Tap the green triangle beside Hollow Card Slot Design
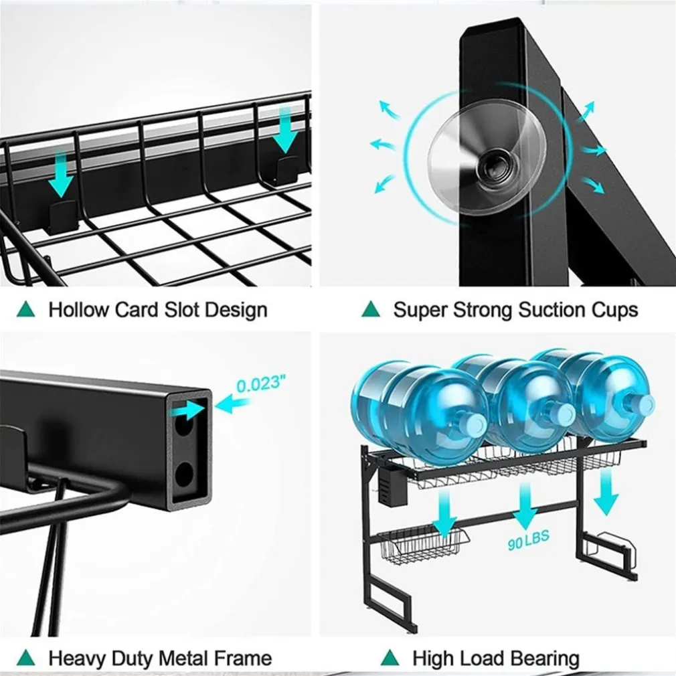coord(27,309)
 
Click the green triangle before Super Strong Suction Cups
coord(371,309)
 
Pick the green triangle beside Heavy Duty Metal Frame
coord(27,657)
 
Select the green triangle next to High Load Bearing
coord(390,657)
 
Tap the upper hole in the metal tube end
coord(185,428)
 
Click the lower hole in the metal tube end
coord(185,476)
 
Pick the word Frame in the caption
coord(242,659)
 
